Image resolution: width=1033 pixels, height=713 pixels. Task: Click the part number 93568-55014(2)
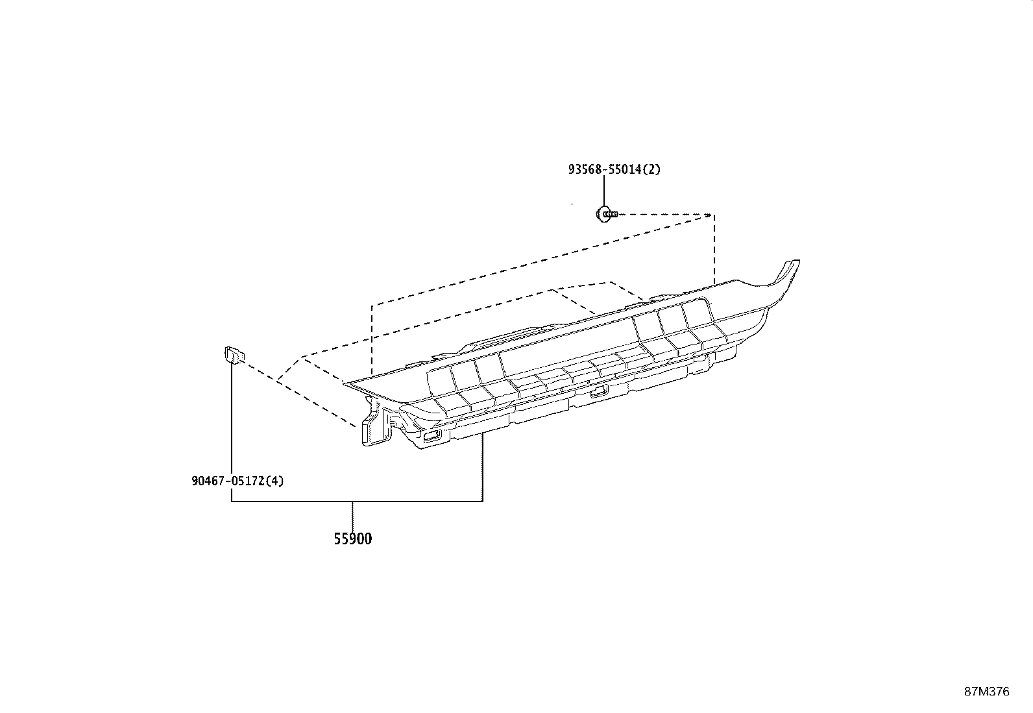(x=614, y=170)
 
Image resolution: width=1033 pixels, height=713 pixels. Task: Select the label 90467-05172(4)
(x=237, y=481)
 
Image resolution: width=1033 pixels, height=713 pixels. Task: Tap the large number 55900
(x=353, y=538)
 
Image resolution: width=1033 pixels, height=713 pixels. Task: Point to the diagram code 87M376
(x=987, y=692)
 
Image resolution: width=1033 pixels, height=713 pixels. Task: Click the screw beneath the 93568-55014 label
(x=607, y=214)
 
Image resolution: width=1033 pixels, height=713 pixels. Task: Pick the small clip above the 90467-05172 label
(x=235, y=355)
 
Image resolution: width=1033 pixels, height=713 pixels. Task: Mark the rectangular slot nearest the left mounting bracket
(x=432, y=435)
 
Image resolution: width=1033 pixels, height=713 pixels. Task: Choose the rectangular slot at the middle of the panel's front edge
(x=599, y=392)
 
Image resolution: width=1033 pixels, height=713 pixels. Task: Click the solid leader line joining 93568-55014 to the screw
(x=603, y=191)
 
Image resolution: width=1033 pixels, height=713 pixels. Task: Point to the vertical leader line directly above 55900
(x=353, y=516)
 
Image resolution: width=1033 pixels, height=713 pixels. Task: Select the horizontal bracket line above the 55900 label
(x=357, y=501)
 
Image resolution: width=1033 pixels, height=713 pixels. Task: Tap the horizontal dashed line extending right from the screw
(x=666, y=215)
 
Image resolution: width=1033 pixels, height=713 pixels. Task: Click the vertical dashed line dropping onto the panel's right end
(x=714, y=250)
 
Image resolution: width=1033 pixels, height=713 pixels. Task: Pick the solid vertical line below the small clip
(x=232, y=432)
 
